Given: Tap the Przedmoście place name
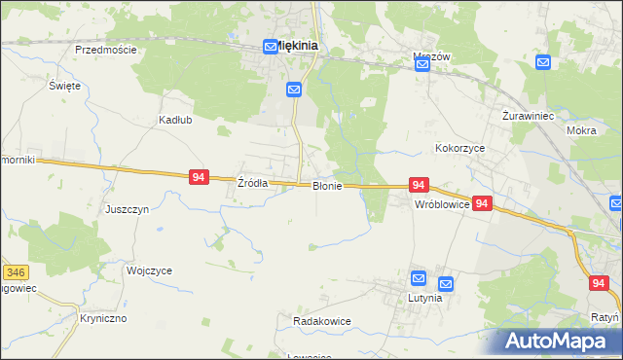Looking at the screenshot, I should pyautogui.click(x=105, y=49).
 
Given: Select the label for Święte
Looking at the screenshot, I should pyautogui.click(x=64, y=86).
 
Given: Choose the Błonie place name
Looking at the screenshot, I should pyautogui.click(x=327, y=186).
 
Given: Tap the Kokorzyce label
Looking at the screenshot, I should pyautogui.click(x=459, y=148).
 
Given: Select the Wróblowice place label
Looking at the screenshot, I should pyautogui.click(x=442, y=205).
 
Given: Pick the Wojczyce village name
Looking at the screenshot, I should pyautogui.click(x=149, y=270).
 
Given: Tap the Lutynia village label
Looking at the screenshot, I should pyautogui.click(x=424, y=298).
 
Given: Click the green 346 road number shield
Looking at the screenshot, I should pyautogui.click(x=14, y=273).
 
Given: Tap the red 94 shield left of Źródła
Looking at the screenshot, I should pyautogui.click(x=199, y=177).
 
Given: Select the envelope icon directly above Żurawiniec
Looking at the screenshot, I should pyautogui.click(x=543, y=63).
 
